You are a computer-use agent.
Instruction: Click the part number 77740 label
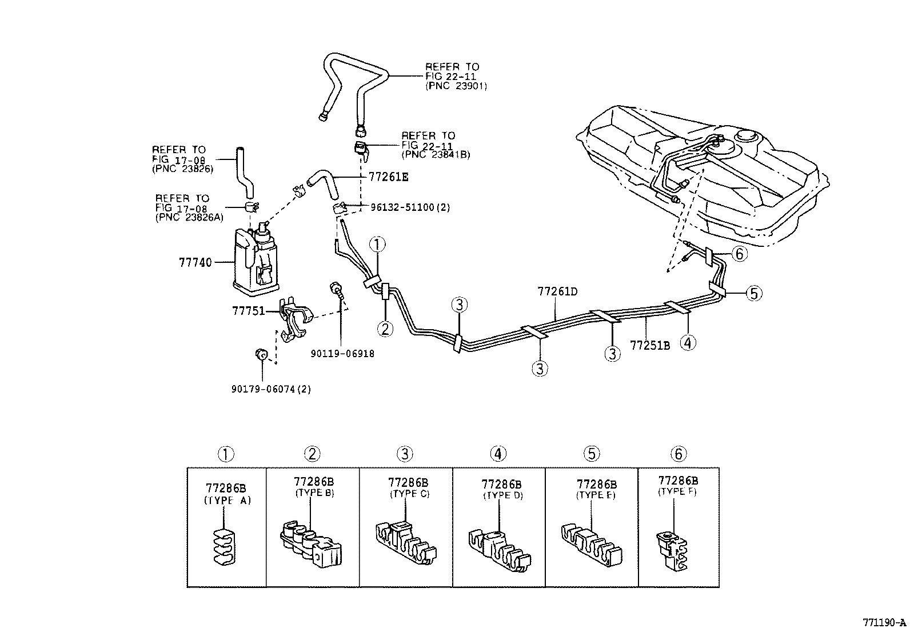click(195, 263)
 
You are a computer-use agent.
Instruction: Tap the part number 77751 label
click(249, 311)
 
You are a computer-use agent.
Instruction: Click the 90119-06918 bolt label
click(342, 354)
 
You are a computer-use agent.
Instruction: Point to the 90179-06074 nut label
click(271, 389)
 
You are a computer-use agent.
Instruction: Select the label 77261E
click(388, 178)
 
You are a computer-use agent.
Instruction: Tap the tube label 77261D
click(557, 291)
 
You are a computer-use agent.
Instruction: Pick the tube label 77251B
click(650, 346)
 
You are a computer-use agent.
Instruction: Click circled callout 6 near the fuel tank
click(739, 254)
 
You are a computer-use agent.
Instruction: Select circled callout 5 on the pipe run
click(754, 294)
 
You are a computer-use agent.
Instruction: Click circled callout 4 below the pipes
click(688, 343)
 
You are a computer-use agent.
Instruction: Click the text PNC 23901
click(456, 86)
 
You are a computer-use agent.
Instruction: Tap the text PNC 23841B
click(436, 154)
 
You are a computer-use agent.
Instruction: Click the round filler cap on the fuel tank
click(748, 137)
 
